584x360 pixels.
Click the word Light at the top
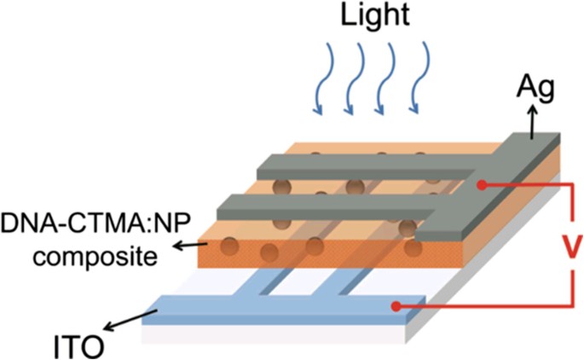pyautogui.click(x=372, y=17)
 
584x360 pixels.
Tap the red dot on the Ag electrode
pyautogui.click(x=483, y=183)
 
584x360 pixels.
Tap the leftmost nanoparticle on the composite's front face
pyautogui.click(x=228, y=247)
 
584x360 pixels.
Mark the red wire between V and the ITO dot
pyautogui.click(x=512, y=305)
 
